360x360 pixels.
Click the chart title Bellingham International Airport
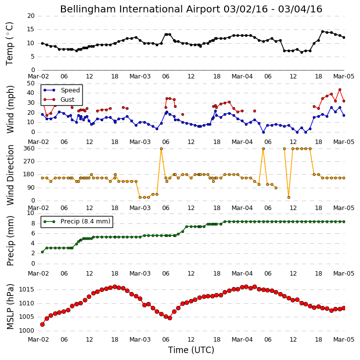point(140,9)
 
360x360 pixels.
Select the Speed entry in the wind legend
point(70,90)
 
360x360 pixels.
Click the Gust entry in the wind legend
point(67,99)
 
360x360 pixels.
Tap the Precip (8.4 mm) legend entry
point(85,221)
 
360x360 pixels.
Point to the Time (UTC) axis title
point(191,350)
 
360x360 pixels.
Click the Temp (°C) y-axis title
point(9,44)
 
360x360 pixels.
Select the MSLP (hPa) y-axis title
point(10,307)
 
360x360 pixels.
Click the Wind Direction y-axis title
point(10,175)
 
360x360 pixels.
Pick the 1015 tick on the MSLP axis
point(26,289)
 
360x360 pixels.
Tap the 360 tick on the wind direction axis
point(29,148)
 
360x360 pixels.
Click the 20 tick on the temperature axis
point(31,16)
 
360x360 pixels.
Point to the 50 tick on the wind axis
point(31,83)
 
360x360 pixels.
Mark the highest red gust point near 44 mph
point(340,90)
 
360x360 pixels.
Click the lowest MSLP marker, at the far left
point(42,324)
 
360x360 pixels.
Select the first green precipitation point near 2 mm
point(42,252)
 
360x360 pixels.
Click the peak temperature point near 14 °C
point(323,31)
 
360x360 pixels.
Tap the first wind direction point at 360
point(161,149)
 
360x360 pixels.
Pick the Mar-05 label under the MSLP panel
point(344,340)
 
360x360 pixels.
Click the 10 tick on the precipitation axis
point(31,213)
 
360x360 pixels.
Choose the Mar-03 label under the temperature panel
point(140,76)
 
